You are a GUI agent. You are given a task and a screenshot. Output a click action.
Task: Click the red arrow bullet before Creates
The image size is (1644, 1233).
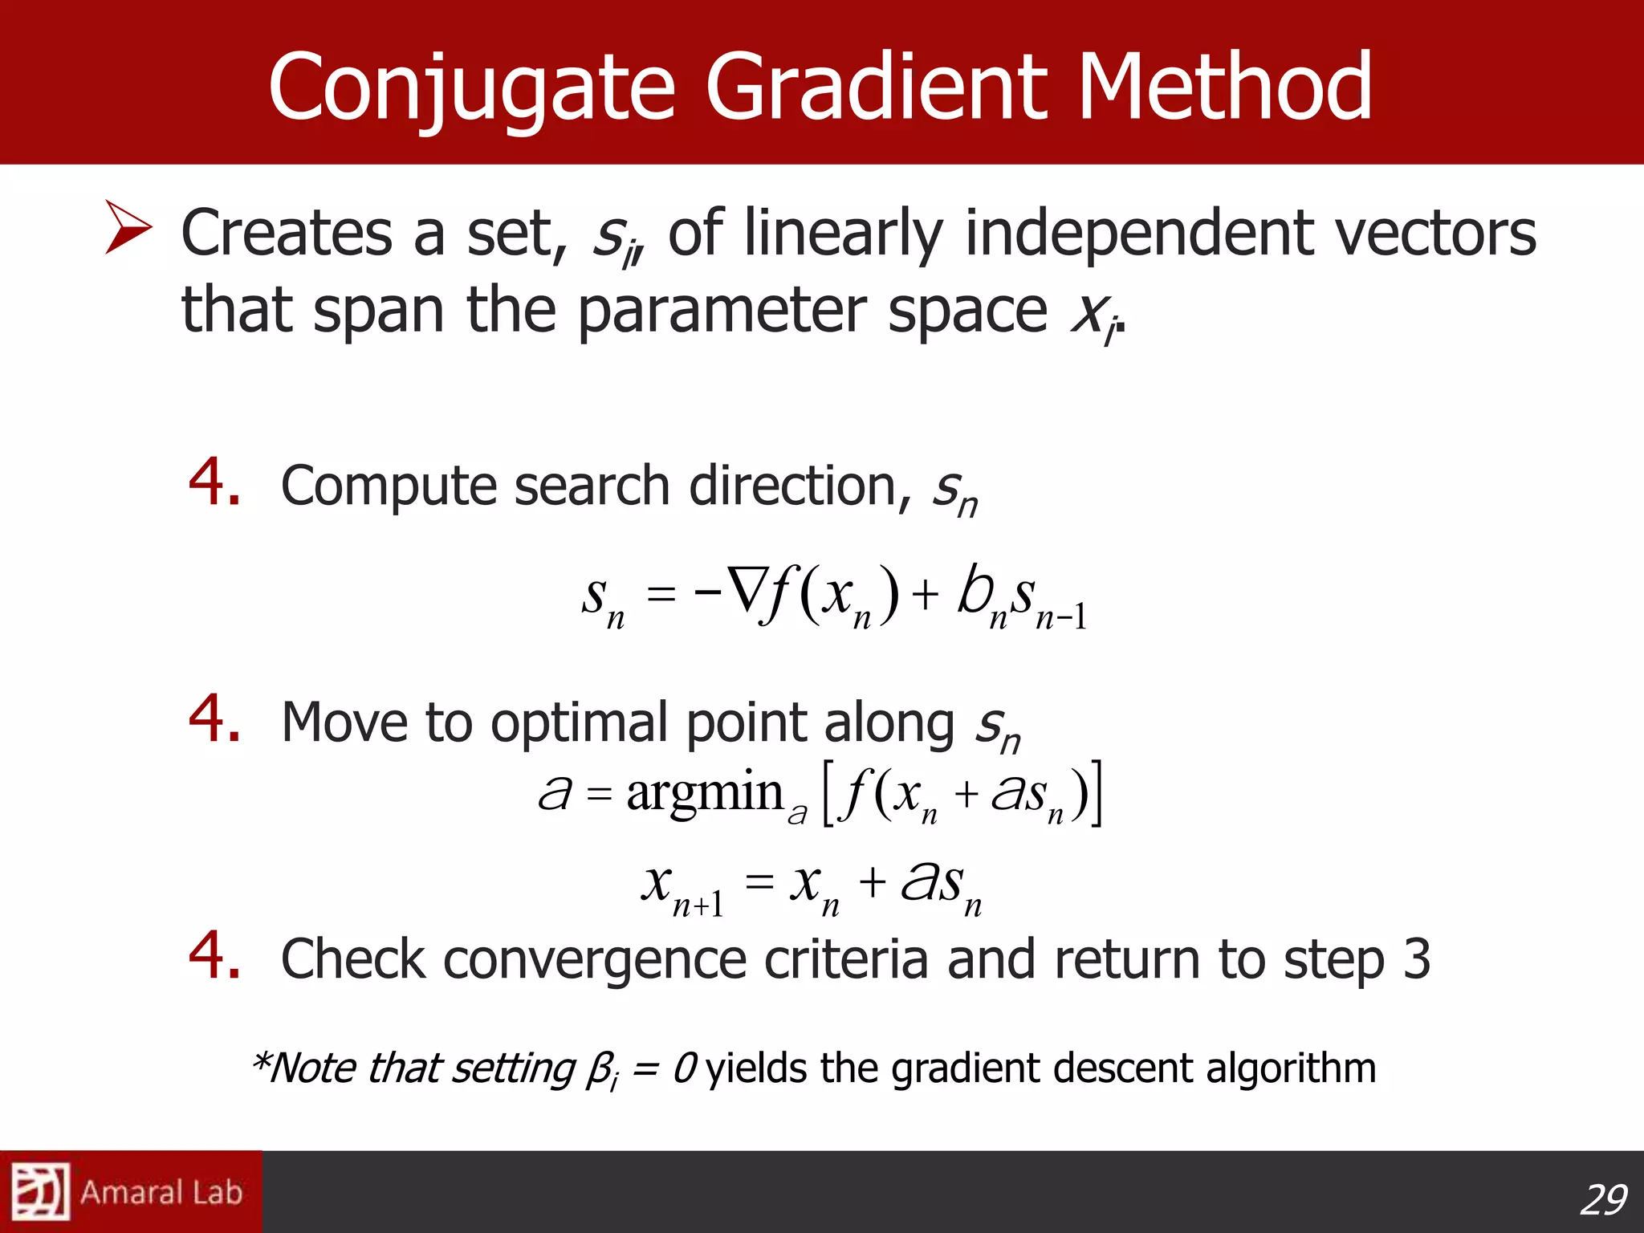[x=128, y=228]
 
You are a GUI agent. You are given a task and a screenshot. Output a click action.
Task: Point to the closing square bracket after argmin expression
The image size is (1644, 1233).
[x=1097, y=793]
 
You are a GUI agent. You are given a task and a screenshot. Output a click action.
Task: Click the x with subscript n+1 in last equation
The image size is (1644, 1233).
[x=682, y=886]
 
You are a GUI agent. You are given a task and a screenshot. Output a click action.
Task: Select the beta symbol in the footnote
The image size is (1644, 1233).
[x=600, y=1070]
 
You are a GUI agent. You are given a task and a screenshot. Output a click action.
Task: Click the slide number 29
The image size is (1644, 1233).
[x=1602, y=1200]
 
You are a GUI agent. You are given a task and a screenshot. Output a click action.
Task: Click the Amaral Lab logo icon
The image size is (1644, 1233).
[x=40, y=1191]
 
